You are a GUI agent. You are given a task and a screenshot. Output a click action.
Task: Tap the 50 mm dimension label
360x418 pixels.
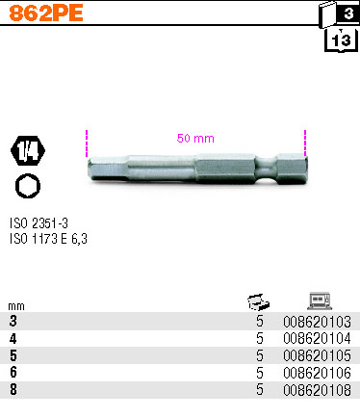[x=195, y=138]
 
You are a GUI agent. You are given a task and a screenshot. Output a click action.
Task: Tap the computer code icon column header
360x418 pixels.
[x=318, y=300]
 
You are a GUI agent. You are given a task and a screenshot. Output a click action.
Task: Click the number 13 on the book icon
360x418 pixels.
[x=340, y=40]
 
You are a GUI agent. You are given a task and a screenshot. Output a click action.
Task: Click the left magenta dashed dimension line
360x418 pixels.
[x=87, y=144]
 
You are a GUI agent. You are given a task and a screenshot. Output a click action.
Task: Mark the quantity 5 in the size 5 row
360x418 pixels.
[x=260, y=354]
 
